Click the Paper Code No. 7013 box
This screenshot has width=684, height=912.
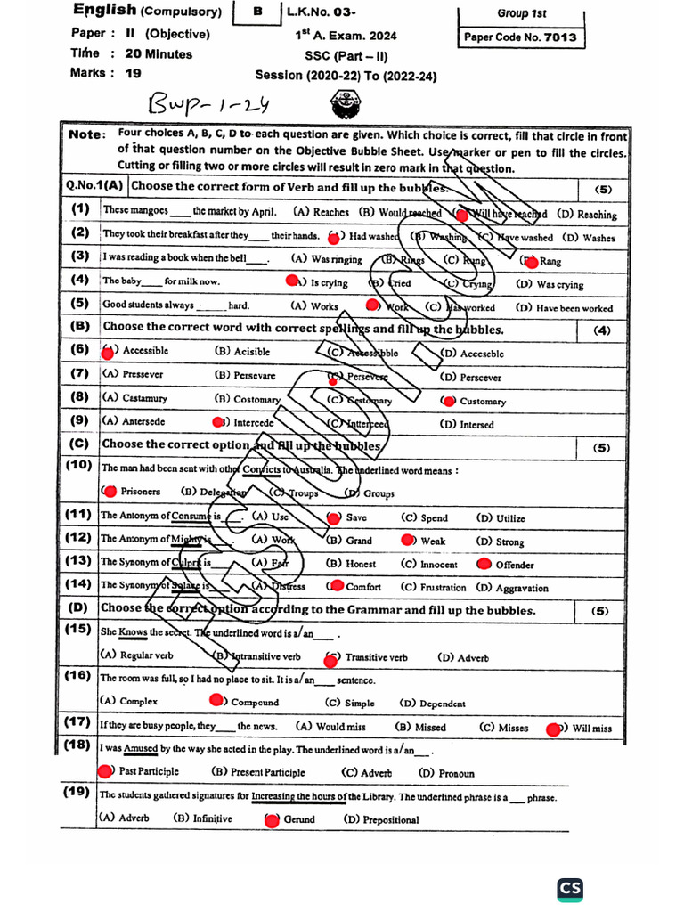click(x=520, y=37)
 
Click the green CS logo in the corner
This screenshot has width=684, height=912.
click(x=571, y=889)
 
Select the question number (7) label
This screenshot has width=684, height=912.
click(x=81, y=374)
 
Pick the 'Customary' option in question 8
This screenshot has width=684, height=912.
click(x=482, y=402)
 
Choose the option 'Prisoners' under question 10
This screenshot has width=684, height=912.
click(x=139, y=491)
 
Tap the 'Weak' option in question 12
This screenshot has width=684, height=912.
click(x=432, y=541)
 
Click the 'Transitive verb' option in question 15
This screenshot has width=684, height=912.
click(x=375, y=657)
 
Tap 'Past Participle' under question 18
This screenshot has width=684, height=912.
click(x=148, y=771)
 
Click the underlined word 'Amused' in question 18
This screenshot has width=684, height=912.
click(x=141, y=750)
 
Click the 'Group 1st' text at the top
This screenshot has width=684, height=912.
click(x=521, y=14)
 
